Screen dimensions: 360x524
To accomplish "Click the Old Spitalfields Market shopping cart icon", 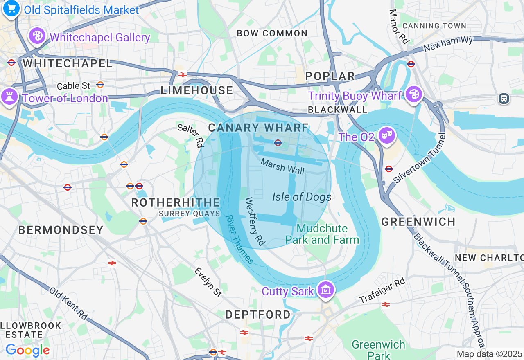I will (x=11, y=8).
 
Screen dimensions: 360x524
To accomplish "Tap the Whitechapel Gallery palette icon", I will (x=37, y=36).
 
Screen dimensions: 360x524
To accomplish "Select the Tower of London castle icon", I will (x=9, y=97).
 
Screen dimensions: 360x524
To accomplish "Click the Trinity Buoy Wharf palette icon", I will (x=414, y=94).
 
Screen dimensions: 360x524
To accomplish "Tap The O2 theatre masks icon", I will (x=386, y=135).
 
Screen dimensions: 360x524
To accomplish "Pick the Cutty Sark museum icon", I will (x=326, y=290).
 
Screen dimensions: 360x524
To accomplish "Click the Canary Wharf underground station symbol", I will (x=278, y=142).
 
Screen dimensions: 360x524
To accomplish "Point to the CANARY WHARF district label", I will (x=258, y=128).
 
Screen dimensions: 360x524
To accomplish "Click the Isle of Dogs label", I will (x=302, y=197).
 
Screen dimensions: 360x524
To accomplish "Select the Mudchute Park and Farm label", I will (x=322, y=234).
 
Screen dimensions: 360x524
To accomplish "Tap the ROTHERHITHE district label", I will (x=176, y=203).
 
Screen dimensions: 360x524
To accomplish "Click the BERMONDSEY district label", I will (x=61, y=230).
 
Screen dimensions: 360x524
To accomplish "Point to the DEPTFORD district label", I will (x=258, y=315).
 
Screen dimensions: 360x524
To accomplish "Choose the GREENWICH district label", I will (x=418, y=222).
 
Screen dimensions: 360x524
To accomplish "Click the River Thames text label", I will (x=240, y=240).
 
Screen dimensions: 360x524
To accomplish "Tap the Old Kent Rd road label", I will (x=68, y=304).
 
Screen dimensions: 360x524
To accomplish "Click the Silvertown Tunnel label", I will (x=419, y=158).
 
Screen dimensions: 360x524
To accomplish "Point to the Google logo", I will (x=27, y=351).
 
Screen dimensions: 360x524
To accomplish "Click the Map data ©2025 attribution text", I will (x=490, y=354).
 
